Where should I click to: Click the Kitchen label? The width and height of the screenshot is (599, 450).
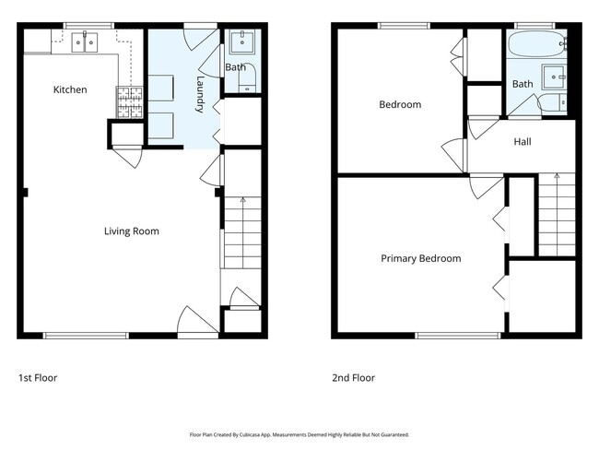coord(70,89)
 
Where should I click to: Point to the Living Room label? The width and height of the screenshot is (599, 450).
coord(132,231)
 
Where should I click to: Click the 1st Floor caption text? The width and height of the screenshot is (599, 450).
coord(40,378)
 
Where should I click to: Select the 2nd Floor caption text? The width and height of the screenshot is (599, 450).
coord(354,378)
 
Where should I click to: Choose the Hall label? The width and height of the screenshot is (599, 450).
coord(523,142)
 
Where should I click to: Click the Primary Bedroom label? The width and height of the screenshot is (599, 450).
coord(420,259)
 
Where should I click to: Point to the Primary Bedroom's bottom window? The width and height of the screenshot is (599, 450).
coord(458,335)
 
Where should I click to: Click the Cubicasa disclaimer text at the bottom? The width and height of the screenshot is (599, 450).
coord(299,434)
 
